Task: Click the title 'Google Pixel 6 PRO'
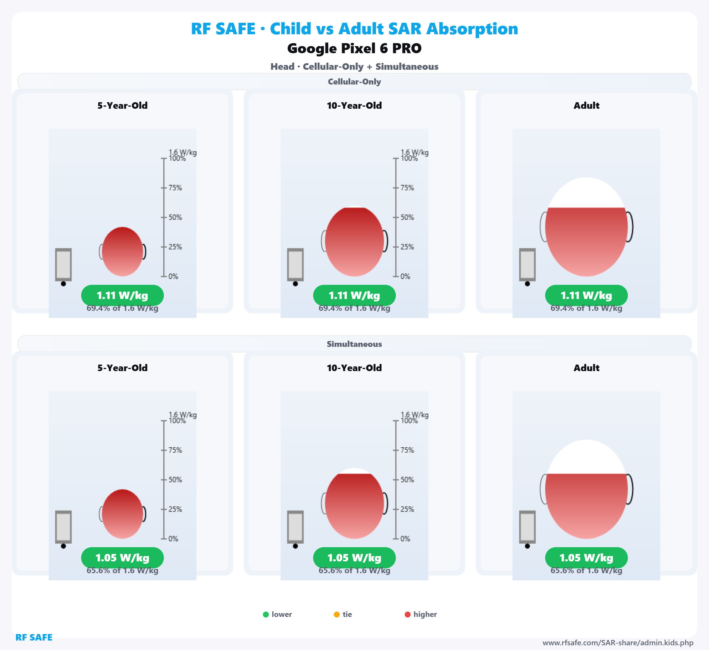pos(354,48)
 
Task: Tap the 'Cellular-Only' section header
pos(354,82)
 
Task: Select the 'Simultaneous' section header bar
pos(354,344)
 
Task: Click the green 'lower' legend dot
pos(266,615)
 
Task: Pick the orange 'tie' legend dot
pos(336,615)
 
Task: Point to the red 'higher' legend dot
pos(408,615)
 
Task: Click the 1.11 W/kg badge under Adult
pos(586,295)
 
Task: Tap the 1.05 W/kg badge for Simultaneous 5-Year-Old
pos(122,558)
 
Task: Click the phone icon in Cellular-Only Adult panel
pos(527,265)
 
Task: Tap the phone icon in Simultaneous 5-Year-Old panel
pos(63,527)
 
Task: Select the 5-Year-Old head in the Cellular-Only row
pos(122,251)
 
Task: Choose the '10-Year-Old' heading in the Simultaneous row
pos(354,368)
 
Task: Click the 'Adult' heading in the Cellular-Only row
pos(586,105)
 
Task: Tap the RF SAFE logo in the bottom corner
pos(34,637)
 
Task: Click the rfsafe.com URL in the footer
pos(618,643)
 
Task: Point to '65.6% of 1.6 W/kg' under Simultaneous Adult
pos(586,571)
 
